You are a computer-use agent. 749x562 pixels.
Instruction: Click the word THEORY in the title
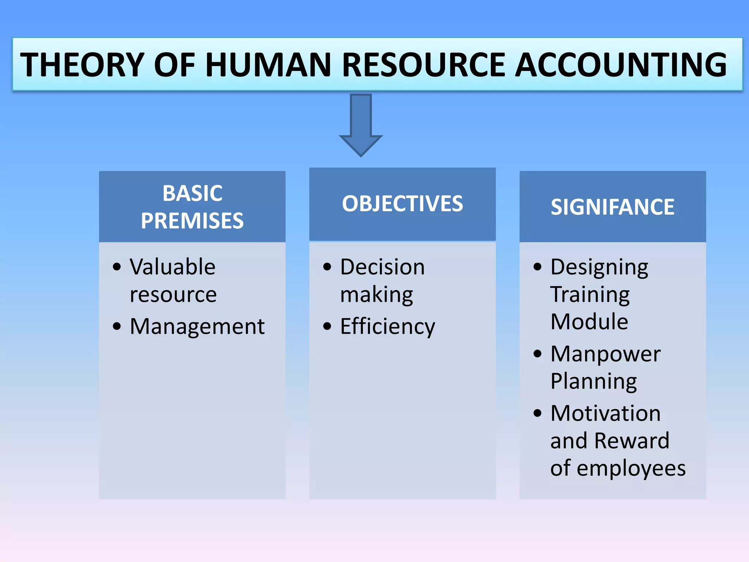point(82,65)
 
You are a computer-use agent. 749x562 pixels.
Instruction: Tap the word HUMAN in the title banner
point(268,65)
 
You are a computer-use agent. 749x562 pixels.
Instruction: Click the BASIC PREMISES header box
point(192,207)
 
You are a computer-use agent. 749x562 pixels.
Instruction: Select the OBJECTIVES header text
point(402,204)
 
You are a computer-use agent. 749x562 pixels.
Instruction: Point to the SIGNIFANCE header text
point(613,207)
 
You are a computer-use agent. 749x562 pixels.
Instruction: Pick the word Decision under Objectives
point(382,267)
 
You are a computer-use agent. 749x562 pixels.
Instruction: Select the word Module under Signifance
point(589,322)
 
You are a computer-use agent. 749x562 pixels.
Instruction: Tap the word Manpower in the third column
point(605,354)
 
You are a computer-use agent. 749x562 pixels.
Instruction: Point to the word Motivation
point(605,413)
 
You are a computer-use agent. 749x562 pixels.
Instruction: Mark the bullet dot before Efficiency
point(327,326)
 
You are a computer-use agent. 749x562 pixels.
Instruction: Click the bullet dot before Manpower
point(537,354)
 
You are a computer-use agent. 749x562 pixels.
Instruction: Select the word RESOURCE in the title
point(424,65)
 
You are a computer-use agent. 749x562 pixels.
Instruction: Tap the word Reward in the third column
point(632,441)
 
